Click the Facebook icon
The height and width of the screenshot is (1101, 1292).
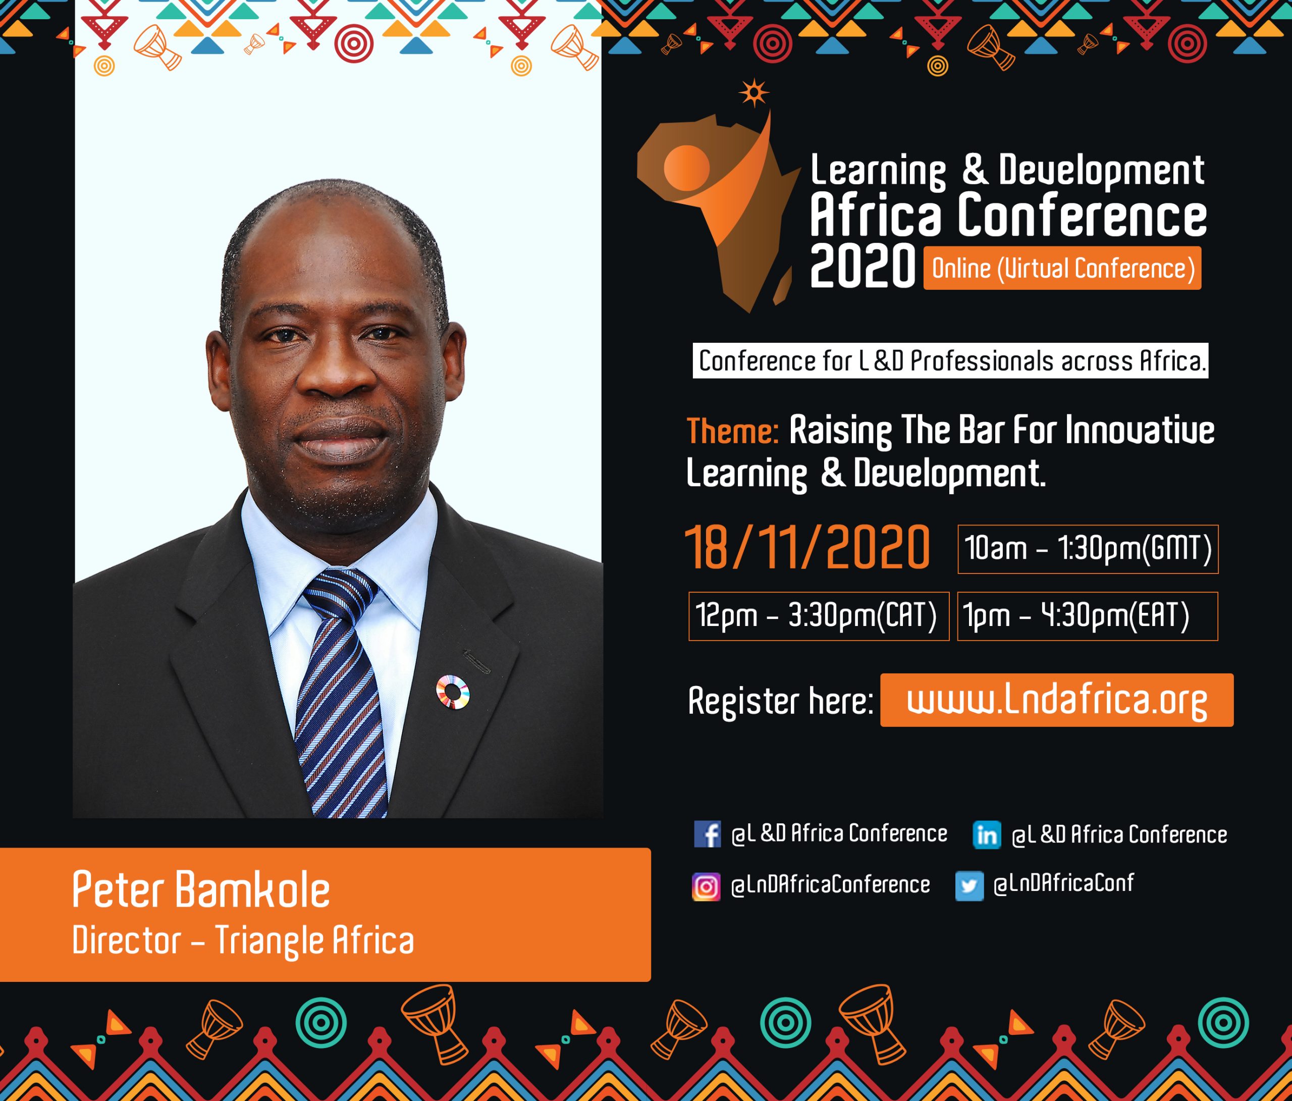(x=707, y=833)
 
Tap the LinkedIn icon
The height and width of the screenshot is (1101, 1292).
(x=987, y=834)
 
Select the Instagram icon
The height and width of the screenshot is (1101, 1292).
(x=706, y=886)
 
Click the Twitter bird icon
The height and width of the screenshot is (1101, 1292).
(x=969, y=886)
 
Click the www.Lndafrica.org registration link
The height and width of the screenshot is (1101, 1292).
(x=1056, y=700)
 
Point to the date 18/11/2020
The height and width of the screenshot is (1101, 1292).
(x=807, y=547)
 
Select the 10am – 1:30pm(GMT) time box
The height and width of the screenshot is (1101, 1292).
(x=1088, y=549)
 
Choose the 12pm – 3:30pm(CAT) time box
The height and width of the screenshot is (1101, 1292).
(x=819, y=616)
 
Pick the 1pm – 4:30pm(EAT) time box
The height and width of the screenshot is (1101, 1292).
(x=1088, y=616)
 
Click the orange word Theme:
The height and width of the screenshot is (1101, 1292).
(x=732, y=431)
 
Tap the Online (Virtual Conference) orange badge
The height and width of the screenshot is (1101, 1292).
(x=1062, y=268)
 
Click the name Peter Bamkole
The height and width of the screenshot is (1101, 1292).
(x=201, y=889)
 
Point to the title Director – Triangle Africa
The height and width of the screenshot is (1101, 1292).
(x=243, y=940)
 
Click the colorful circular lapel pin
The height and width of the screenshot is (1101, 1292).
(x=453, y=692)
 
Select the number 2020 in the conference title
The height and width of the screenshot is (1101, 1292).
(x=863, y=267)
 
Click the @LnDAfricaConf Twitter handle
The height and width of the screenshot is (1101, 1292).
(x=1063, y=883)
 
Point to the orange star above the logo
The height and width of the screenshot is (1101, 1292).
(x=754, y=93)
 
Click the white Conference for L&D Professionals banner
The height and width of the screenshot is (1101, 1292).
(x=950, y=360)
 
